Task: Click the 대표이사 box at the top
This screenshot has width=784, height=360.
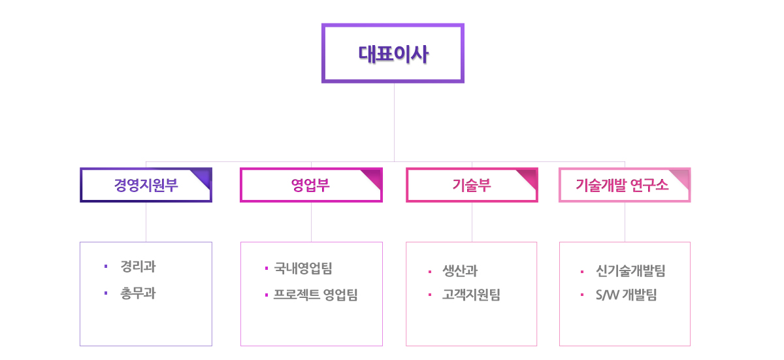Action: [x=393, y=53]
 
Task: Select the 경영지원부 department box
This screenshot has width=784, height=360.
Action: [x=146, y=185]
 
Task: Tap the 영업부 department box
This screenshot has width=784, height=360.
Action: [x=311, y=185]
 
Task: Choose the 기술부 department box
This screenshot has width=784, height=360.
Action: [x=472, y=185]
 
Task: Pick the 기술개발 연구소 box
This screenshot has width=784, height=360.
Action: [x=625, y=185]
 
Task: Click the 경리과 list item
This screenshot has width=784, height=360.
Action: [x=138, y=267]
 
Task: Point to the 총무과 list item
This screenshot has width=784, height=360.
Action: [x=138, y=293]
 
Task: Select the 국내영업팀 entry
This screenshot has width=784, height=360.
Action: [x=303, y=269]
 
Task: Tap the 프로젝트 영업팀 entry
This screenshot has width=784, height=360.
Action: [x=316, y=295]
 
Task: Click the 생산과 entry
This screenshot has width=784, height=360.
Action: [x=460, y=270]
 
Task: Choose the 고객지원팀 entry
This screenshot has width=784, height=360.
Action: [x=472, y=295]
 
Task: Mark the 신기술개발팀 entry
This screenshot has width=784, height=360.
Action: [x=630, y=270]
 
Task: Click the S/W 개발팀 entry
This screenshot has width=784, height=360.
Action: [x=627, y=295]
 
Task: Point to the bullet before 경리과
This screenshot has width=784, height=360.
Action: [x=106, y=267]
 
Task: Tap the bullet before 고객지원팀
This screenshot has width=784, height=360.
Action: [x=430, y=295]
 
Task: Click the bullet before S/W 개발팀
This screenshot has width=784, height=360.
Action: [x=582, y=295]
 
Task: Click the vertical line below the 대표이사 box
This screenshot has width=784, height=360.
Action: [x=394, y=122]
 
